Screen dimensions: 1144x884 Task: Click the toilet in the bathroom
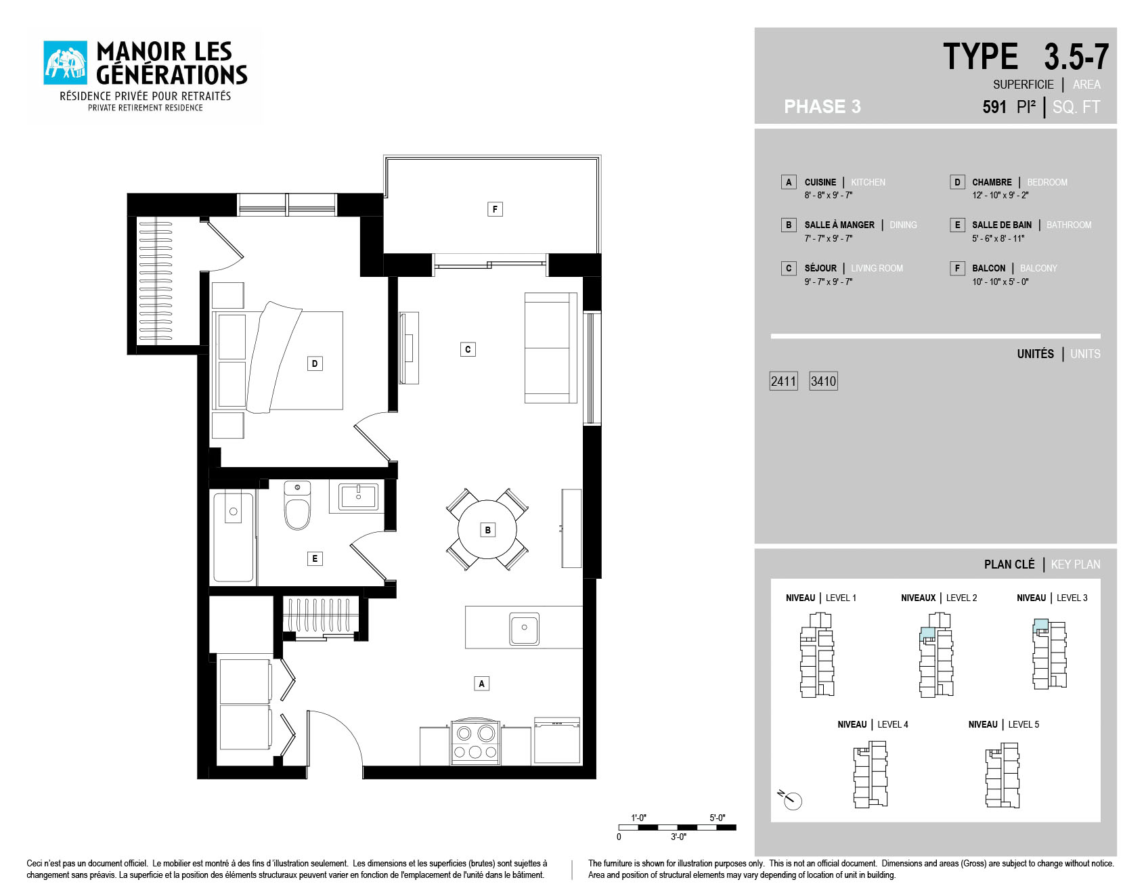(297, 505)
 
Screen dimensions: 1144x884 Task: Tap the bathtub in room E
(234, 537)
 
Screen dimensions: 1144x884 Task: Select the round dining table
(487, 529)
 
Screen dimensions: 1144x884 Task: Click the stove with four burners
(475, 742)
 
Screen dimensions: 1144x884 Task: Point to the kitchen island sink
(525, 629)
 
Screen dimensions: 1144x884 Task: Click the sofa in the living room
(551, 348)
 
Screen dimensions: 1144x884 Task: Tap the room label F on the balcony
(495, 209)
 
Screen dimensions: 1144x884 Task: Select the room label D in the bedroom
(315, 363)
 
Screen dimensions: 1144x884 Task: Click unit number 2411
(784, 381)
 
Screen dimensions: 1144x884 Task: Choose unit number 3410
(824, 381)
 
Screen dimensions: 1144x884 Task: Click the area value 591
(994, 107)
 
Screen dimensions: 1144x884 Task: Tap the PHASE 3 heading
(822, 106)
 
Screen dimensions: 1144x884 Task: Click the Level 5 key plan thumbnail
(1003, 775)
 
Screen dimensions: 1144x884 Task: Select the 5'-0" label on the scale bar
(718, 818)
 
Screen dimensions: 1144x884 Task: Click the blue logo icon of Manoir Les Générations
(66, 63)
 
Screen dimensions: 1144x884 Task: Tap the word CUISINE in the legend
(820, 182)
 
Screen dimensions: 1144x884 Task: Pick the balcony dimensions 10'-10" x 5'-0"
(1000, 282)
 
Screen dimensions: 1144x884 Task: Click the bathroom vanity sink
(358, 496)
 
